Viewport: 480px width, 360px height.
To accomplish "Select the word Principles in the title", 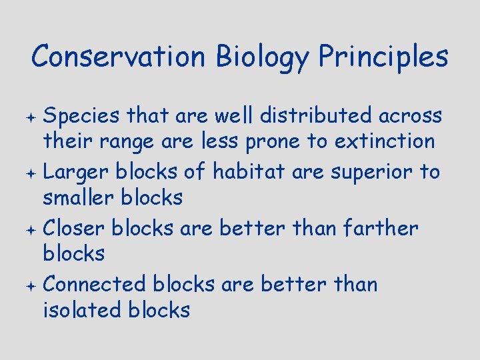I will [383, 57].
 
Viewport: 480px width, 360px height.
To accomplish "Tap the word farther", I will [379, 228].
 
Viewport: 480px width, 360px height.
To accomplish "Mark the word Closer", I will [74, 228].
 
